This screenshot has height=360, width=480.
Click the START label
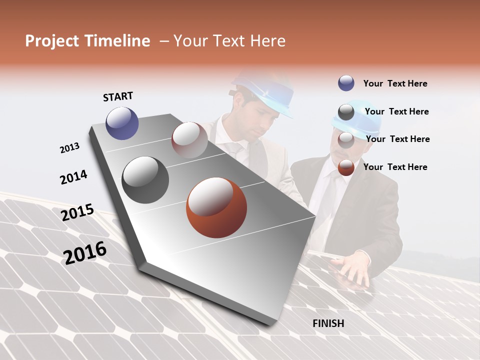tap(118, 96)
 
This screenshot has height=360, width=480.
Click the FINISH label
tap(328, 323)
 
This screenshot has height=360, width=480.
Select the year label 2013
tap(69, 148)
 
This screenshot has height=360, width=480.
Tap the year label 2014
tap(73, 177)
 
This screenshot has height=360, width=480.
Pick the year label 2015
tap(77, 212)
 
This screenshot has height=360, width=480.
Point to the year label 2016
tap(85, 252)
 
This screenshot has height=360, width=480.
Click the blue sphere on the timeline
tap(122, 123)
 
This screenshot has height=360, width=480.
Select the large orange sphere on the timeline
tap(216, 207)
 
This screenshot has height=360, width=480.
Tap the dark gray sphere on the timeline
tap(145, 180)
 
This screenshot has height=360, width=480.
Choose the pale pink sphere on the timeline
tap(189, 140)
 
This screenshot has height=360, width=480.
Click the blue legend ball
tap(346, 83)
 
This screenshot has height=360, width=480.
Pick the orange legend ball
tap(346, 167)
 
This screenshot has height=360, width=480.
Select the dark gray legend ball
tap(346, 111)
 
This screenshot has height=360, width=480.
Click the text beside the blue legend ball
tap(395, 83)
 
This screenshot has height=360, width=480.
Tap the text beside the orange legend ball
tap(395, 167)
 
